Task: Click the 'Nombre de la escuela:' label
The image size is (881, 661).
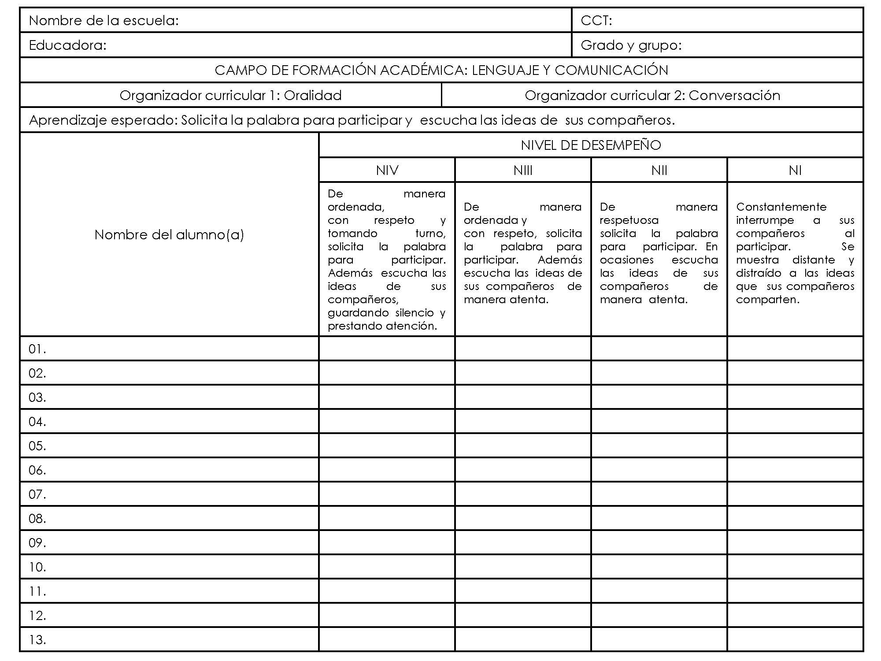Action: (x=104, y=21)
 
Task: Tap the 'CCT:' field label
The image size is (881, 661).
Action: (x=596, y=21)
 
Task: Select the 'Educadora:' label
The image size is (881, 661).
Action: (x=67, y=45)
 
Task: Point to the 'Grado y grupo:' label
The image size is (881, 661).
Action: (x=631, y=45)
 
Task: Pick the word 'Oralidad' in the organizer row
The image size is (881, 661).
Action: (x=312, y=96)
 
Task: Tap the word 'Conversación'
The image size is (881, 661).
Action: (x=734, y=96)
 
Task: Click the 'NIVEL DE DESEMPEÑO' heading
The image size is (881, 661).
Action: (x=590, y=145)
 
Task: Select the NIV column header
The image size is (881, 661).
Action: (x=387, y=171)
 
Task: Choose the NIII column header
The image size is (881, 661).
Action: (x=523, y=171)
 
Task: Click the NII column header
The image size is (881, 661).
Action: (x=659, y=171)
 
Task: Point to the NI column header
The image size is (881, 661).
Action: (x=795, y=171)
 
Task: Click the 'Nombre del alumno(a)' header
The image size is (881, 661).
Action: (x=169, y=235)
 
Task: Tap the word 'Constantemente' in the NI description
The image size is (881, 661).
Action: (x=781, y=207)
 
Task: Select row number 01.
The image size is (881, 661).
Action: (x=37, y=349)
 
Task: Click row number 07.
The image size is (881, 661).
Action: (x=37, y=494)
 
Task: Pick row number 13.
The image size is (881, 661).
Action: (x=37, y=640)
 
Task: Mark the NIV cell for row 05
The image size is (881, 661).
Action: (x=387, y=446)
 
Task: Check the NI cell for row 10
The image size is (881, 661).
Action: (x=795, y=567)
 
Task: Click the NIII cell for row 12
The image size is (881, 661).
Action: (x=523, y=615)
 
